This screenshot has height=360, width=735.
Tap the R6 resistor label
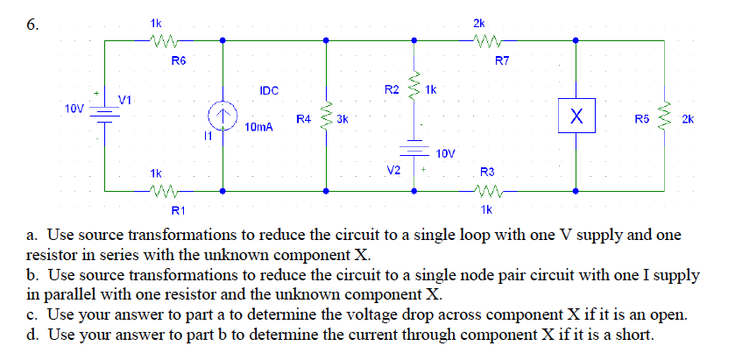178,60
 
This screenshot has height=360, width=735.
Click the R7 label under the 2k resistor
502,60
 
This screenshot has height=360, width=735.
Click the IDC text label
269,90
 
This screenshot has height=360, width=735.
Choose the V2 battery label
394,169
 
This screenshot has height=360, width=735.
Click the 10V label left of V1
74,109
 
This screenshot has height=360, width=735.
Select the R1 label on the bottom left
178,209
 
